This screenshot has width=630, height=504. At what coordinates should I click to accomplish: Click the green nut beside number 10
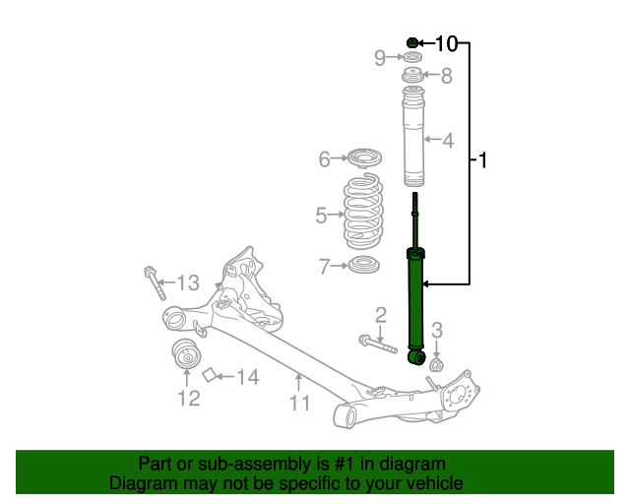coord(412,42)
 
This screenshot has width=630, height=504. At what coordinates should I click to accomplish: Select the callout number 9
coord(380,58)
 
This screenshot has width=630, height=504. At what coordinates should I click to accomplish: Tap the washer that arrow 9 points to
coord(412,57)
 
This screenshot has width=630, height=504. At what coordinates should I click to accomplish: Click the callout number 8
coord(446,76)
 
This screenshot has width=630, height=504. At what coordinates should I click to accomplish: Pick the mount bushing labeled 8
coord(412,75)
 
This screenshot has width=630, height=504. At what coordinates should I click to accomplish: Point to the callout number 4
coord(448,140)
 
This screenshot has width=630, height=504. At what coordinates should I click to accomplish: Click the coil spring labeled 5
coord(363,212)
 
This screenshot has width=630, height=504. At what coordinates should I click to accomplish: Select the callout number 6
coord(324,159)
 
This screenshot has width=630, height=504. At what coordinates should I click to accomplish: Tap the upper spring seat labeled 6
coord(364,157)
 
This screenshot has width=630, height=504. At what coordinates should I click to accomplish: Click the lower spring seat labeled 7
coord(363,265)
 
